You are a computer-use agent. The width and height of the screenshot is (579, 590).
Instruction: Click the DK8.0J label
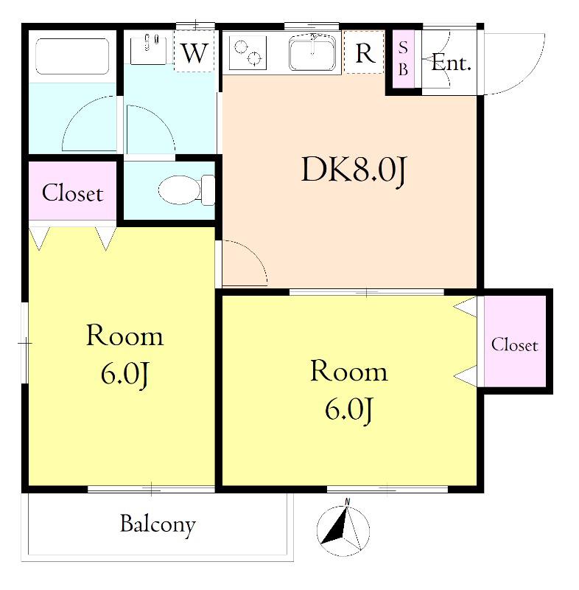pyautogui.click(x=354, y=170)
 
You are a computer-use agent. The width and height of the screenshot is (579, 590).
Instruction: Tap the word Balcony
pyautogui.click(x=158, y=524)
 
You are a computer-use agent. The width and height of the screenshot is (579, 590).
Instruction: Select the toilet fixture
pyautogui.click(x=186, y=190)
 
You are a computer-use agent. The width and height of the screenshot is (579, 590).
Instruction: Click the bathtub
pyautogui.click(x=72, y=56)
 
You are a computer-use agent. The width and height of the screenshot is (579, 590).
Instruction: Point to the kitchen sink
pyautogui.click(x=312, y=53)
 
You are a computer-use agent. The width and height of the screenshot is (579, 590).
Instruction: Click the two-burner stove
pyautogui.click(x=248, y=52)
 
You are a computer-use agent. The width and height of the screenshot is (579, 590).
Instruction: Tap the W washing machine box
pyautogui.click(x=194, y=52)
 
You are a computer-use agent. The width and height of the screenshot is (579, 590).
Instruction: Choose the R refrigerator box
pyautogui.click(x=364, y=52)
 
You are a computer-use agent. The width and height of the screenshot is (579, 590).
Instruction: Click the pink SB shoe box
pyautogui.click(x=403, y=59)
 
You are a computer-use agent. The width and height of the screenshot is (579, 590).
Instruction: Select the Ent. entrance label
pyautogui.click(x=451, y=63)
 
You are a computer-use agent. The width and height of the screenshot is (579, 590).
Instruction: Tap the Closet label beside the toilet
pyautogui.click(x=72, y=193)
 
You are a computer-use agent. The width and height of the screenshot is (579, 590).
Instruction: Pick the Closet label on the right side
pyautogui.click(x=514, y=344)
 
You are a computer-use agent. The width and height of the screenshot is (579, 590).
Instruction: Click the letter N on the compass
pyautogui.click(x=347, y=502)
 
